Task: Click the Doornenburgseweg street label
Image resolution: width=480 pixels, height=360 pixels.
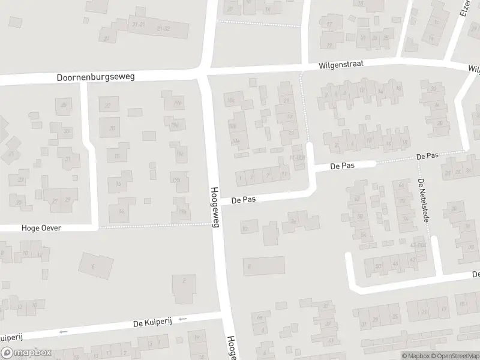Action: coord(96,77)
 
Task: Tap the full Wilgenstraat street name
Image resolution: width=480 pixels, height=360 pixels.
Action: coord(341,63)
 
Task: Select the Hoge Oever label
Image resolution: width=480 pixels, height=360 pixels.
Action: coord(41,228)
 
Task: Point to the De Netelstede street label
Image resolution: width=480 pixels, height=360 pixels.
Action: coord(424,200)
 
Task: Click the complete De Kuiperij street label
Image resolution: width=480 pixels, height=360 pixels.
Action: coord(153,323)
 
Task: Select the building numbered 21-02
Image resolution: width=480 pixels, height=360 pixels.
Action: coord(163,28)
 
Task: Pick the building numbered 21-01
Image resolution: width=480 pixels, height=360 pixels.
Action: coord(139,25)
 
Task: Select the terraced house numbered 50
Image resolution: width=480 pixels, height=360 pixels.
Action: coord(377,266)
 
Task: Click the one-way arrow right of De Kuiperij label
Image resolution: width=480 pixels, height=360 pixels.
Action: coord(182,319)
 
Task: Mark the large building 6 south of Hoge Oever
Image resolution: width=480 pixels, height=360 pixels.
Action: coord(94,266)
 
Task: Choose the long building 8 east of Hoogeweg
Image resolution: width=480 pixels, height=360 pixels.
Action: coord(264,265)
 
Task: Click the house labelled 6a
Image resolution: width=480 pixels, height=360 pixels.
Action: coord(260,316)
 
